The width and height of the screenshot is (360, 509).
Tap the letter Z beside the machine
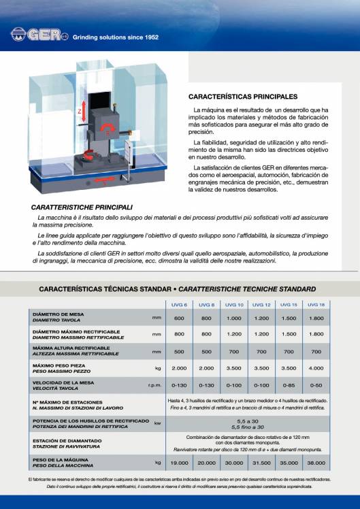pos(80,110)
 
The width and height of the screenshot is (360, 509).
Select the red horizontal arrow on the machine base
pos(102,181)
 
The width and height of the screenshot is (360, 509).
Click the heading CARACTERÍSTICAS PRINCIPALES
pos(242,97)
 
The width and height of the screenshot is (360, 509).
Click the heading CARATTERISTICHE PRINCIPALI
pos(82,206)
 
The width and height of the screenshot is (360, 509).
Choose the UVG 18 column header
pos(316,305)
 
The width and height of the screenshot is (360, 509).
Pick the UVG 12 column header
pos(261,305)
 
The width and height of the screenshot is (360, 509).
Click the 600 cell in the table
pos(179,318)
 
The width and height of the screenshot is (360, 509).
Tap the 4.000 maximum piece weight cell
pos(316,368)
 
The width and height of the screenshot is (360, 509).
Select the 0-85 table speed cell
pos(289,384)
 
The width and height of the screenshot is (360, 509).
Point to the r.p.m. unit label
pos(154,384)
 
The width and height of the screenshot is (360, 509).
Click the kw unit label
pos(158,423)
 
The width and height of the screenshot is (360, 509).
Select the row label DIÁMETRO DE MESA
pos(59,314)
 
